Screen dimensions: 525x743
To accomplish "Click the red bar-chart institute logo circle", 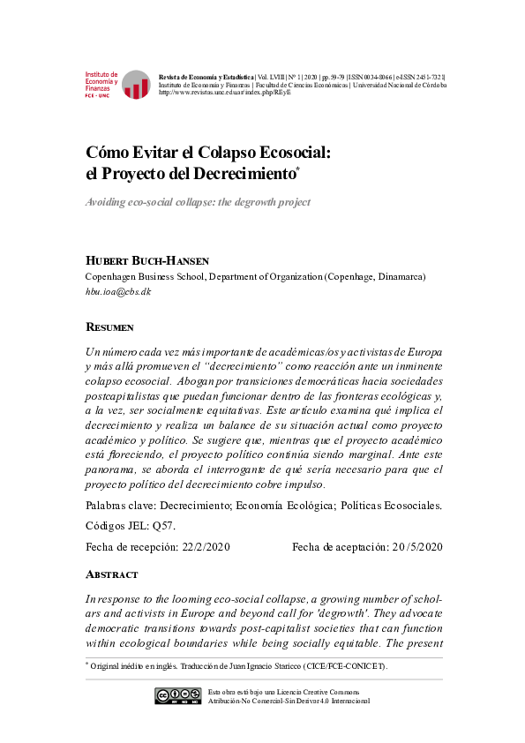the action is (x=136, y=85).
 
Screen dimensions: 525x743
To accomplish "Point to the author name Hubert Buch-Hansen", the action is (x=147, y=261).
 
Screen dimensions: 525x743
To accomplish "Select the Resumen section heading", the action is (x=109, y=327).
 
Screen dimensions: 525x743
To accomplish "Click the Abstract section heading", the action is (x=111, y=574).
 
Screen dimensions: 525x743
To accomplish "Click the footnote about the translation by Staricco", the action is (x=238, y=666).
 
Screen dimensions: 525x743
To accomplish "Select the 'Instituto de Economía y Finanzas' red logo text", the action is (x=101, y=82).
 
